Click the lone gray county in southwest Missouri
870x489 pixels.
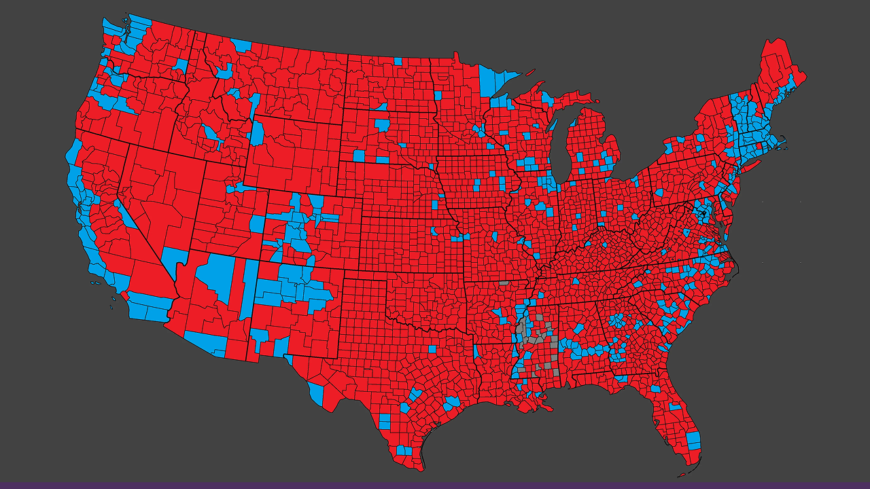[x=504, y=283]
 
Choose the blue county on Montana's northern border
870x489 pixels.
[x=241, y=46]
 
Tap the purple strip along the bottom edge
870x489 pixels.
[x=435, y=485]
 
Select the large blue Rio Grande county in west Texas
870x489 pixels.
[x=316, y=392]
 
